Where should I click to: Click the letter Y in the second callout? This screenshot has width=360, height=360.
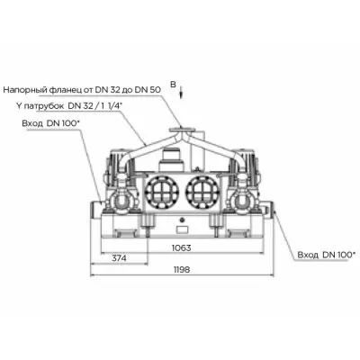(x=19, y=105)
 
